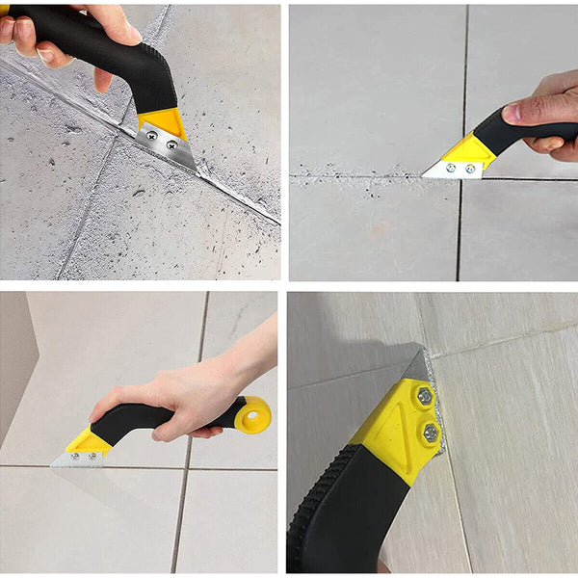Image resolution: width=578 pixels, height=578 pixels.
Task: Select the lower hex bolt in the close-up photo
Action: [x=430, y=433]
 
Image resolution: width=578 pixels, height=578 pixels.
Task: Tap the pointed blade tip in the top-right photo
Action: [x=425, y=173]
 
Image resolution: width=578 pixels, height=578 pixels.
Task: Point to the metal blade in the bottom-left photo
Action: [x=77, y=460]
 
